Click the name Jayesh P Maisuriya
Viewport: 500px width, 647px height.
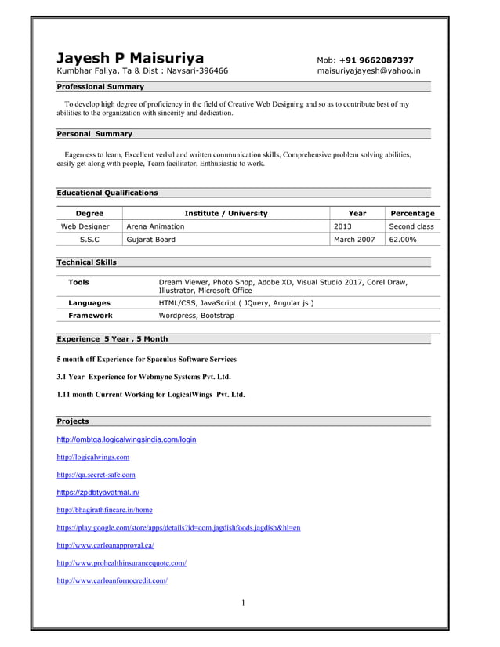tap(130, 58)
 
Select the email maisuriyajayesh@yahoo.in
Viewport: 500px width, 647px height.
tap(368, 70)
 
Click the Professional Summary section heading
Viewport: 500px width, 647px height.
tap(100, 87)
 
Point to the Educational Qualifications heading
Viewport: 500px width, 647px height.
tap(107, 193)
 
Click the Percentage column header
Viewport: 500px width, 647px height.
tap(412, 213)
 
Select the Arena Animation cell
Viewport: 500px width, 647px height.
tap(155, 226)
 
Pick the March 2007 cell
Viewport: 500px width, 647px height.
tap(354, 240)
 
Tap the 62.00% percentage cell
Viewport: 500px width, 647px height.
tap(404, 240)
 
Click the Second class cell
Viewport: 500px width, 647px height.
tap(411, 226)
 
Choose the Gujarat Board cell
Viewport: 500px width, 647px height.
tap(150, 240)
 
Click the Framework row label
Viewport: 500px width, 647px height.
tap(90, 316)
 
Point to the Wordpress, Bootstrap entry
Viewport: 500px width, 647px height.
tap(196, 316)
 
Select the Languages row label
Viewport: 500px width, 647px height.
tap(89, 302)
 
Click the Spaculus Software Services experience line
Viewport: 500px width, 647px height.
tap(147, 359)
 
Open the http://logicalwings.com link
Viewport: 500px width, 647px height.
tap(93, 457)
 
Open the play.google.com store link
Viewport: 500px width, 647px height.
tap(179, 528)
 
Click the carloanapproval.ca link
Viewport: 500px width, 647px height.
tap(105, 545)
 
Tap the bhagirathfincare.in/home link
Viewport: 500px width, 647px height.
tap(105, 510)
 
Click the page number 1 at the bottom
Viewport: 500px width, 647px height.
tap(243, 603)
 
